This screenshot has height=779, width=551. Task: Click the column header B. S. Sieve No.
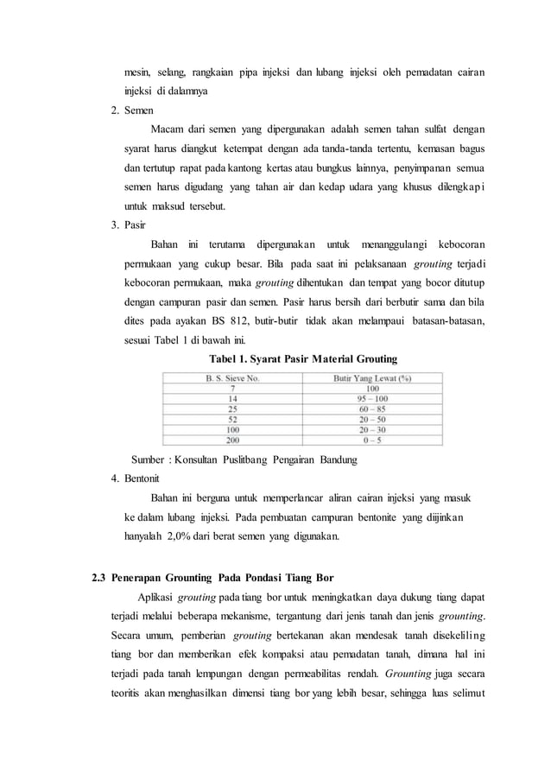click(x=231, y=377)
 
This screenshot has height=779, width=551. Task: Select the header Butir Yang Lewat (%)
click(x=372, y=377)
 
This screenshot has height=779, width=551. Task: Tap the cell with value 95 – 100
click(x=372, y=398)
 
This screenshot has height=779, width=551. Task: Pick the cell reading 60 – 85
click(x=372, y=408)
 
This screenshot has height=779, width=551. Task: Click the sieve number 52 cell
click(x=231, y=419)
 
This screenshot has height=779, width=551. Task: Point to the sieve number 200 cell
click(x=231, y=440)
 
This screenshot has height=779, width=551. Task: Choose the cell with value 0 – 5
click(x=372, y=440)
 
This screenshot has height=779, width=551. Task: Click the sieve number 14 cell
click(x=231, y=398)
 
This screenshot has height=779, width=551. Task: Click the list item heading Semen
click(x=138, y=111)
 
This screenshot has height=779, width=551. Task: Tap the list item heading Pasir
click(x=135, y=225)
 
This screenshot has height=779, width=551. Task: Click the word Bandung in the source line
click(x=338, y=459)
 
